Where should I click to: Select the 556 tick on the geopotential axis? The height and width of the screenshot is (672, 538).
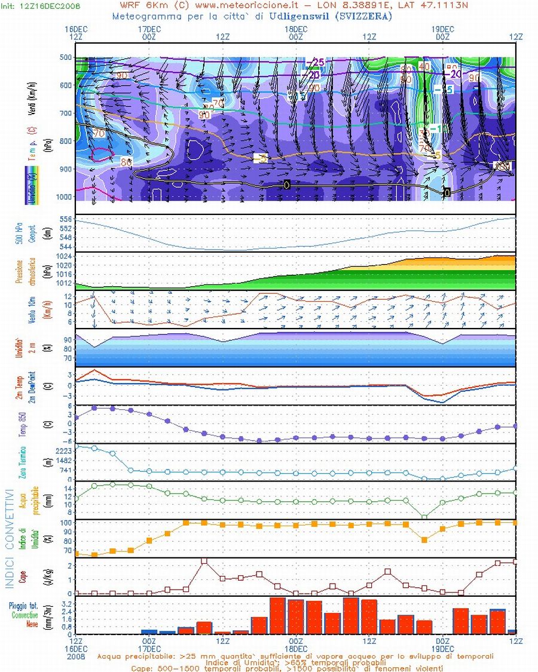(66, 220)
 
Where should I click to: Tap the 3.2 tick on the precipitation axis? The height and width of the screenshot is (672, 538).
(67, 605)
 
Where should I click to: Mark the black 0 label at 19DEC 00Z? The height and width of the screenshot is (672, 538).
(447, 192)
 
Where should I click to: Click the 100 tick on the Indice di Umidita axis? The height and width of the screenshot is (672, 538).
(65, 523)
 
